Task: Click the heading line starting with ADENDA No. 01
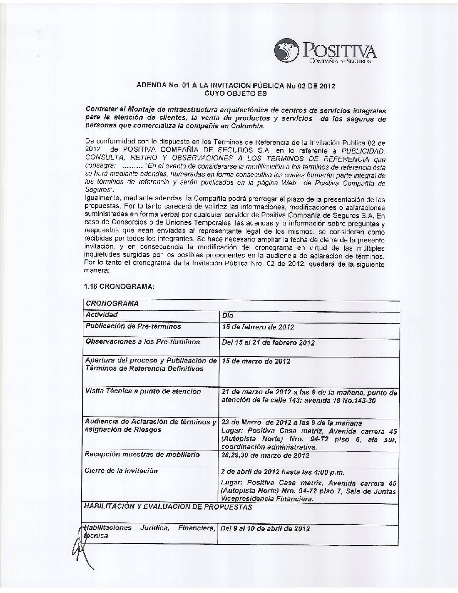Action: click(236, 86)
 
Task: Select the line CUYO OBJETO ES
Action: click(235, 93)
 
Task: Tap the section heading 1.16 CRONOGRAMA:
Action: click(119, 287)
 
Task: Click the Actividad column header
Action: click(102, 315)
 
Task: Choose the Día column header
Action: click(228, 315)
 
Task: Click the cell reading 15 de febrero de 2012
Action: click(258, 327)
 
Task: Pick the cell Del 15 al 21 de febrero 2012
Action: click(268, 342)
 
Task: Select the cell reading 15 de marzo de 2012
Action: click(256, 361)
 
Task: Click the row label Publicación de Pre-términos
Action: click(133, 326)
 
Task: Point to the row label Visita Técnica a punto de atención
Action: click(143, 391)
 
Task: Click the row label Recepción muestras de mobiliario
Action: click(142, 455)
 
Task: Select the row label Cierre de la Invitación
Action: click(121, 471)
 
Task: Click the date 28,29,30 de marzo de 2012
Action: click(265, 455)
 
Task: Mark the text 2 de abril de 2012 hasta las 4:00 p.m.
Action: click(283, 472)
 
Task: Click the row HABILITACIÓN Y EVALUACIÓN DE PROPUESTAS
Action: click(168, 507)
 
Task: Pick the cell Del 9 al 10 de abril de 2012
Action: click(265, 528)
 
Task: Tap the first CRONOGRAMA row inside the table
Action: click(112, 303)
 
